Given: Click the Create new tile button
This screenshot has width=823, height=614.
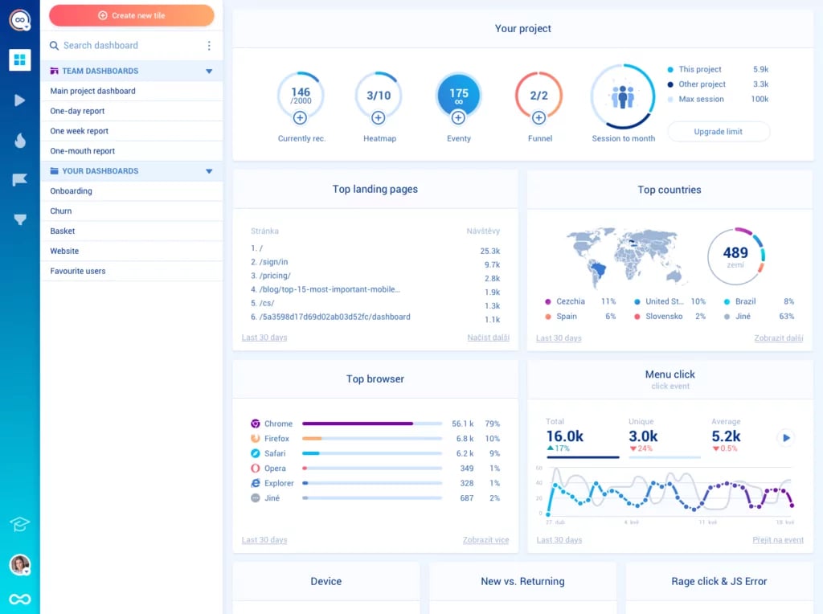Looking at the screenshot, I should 132,15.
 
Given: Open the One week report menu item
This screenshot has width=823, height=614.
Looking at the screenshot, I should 80,131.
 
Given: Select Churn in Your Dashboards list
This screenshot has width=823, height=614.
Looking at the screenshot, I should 61,211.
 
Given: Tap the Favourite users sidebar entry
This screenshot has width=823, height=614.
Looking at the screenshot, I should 78,272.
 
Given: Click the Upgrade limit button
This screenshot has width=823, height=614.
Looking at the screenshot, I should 718,132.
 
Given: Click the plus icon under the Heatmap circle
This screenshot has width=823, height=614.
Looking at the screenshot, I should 379,118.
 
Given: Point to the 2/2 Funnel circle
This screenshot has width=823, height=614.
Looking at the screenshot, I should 538,95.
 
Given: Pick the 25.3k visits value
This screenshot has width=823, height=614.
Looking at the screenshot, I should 489,251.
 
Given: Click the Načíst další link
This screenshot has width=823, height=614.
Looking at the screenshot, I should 488,338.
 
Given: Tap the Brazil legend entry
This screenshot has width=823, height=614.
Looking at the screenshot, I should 745,301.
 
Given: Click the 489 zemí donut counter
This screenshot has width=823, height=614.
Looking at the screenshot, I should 735,256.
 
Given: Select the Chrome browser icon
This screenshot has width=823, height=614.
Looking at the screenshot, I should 256,424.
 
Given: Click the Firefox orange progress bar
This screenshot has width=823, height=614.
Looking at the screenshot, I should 312,439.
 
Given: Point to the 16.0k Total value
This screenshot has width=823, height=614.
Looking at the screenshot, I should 565,436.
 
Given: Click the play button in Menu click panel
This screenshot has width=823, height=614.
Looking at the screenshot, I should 786,438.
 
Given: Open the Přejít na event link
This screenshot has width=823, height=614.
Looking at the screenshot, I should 777,540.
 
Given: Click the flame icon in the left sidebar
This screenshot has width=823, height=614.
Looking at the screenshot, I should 20,141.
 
